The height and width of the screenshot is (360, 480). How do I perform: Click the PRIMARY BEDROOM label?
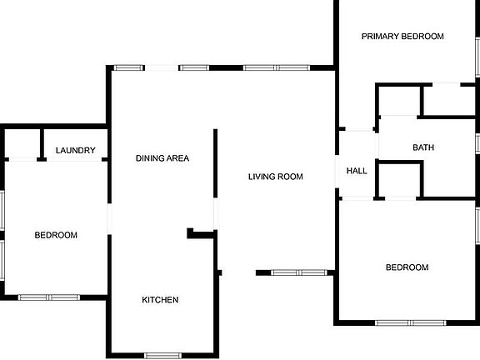click(402, 37)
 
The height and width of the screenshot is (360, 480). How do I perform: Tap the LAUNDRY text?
click(76, 150)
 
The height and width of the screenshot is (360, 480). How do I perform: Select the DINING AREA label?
click(162, 158)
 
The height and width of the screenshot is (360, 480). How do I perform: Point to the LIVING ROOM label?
click(276, 177)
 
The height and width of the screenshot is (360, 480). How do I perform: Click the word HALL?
click(357, 171)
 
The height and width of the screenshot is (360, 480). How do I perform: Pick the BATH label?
click(423, 147)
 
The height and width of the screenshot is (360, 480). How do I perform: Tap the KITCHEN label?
click(160, 300)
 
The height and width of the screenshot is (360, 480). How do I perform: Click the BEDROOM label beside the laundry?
click(56, 235)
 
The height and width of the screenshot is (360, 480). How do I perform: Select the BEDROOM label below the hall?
click(407, 267)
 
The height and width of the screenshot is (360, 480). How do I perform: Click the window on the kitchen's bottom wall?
click(162, 356)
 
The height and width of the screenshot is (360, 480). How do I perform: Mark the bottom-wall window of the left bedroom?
click(49, 297)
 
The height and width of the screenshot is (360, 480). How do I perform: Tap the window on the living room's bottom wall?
click(299, 272)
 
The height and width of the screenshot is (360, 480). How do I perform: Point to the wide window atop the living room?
click(277, 67)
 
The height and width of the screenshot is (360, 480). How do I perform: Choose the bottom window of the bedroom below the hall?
click(411, 323)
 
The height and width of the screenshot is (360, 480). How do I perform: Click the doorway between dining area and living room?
click(216, 213)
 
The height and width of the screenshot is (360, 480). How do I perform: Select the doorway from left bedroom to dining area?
click(109, 219)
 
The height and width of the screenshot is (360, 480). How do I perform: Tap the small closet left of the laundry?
click(22, 143)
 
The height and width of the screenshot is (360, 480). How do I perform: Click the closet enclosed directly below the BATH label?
click(399, 180)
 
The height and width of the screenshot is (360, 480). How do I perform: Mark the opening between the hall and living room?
click(337, 172)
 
